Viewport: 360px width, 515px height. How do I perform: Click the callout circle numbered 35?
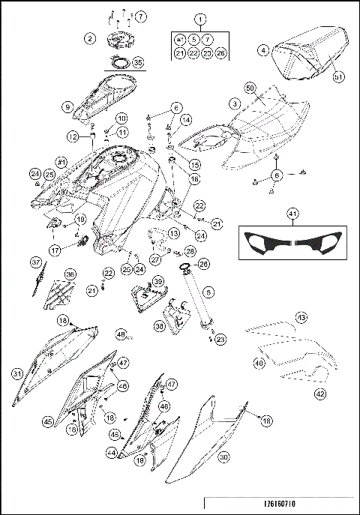pos(137,64)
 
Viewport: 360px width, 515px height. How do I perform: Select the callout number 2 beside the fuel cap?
pos(89,37)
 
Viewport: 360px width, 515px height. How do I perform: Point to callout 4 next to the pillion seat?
pos(263,51)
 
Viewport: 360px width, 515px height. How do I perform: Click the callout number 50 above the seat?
pos(250,88)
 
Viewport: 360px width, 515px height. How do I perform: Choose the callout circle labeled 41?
pos(292,214)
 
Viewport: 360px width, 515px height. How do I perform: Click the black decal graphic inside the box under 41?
pos(292,244)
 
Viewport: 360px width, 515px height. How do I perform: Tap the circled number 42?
pos(319,392)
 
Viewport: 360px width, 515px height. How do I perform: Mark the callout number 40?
pos(258,363)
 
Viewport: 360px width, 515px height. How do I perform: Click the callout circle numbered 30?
pos(222,454)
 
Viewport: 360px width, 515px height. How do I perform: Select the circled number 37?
pos(35,262)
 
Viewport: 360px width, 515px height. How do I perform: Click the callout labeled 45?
pos(48,422)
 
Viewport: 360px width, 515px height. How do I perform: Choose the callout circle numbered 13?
pos(173,234)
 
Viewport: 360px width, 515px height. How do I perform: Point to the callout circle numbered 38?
pos(158,326)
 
